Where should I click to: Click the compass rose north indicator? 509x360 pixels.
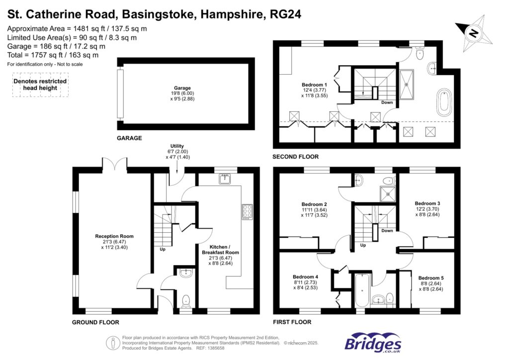point(474,33)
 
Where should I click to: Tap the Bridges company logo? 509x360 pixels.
point(373,343)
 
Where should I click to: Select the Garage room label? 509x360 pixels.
point(183,88)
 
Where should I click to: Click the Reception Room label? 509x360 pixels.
point(115,236)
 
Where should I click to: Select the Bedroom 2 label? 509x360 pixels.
point(314,204)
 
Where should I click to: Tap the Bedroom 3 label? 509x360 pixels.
point(427,203)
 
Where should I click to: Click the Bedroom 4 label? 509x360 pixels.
point(305,277)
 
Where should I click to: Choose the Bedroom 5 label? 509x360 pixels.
point(430,278)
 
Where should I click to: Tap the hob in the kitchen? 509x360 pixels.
point(247,212)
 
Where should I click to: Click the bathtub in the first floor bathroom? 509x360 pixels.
point(361,290)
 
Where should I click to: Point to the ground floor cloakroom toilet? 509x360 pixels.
point(186,300)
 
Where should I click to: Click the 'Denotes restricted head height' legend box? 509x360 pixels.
point(40,85)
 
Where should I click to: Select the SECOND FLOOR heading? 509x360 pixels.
point(295,157)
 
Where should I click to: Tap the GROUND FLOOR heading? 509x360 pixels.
point(96,322)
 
